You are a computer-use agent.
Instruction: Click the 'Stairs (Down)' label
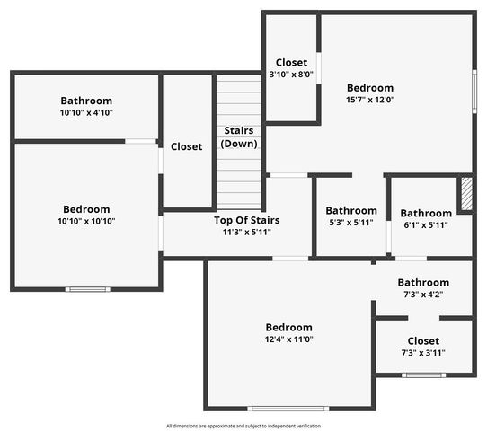tap(238, 137)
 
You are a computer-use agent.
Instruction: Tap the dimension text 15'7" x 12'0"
tap(369, 100)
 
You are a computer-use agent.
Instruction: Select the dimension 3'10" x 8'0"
tap(292, 75)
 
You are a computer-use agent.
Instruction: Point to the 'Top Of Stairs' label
tap(246, 220)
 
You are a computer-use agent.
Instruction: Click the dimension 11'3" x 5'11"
tap(246, 232)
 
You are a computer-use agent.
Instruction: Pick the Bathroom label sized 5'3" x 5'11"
tap(351, 212)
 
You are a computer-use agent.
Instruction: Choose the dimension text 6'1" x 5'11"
tap(425, 224)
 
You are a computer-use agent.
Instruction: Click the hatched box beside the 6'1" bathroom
tap(465, 194)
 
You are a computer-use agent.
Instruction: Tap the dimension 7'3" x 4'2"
tap(423, 294)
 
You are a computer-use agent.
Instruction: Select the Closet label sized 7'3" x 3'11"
tap(423, 341)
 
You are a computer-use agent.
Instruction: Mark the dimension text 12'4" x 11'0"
tap(288, 339)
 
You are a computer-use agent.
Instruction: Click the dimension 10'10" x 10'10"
tap(86, 221)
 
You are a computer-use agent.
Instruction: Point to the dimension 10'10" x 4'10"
tap(86, 112)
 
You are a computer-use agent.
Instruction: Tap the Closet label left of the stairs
tap(186, 146)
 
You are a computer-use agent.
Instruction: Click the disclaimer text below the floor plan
tap(243, 426)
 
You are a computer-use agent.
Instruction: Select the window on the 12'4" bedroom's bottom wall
tap(288, 409)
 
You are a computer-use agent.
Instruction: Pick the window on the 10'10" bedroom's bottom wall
tap(88, 289)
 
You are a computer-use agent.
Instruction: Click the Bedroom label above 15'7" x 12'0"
tap(369, 88)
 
